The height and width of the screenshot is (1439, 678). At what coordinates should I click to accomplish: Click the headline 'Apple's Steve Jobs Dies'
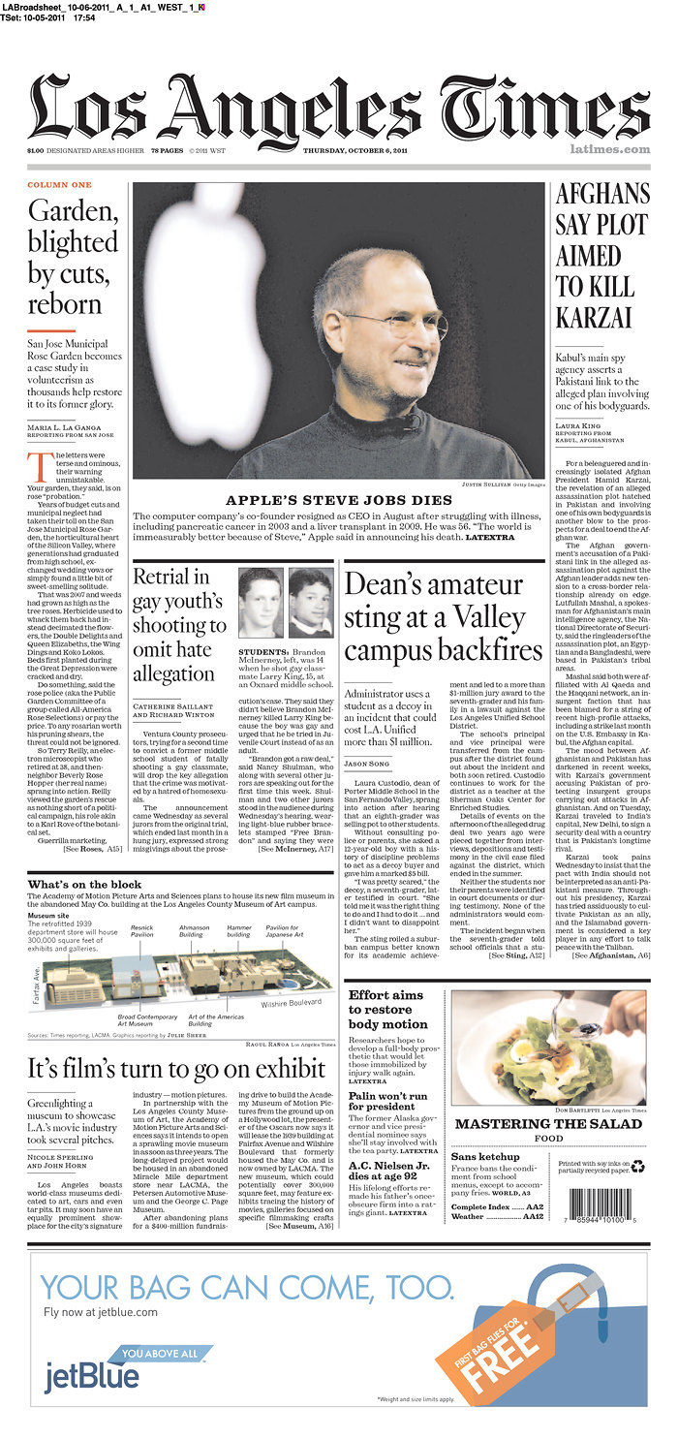[339, 500]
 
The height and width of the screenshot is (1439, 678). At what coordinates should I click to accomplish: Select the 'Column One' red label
[59, 185]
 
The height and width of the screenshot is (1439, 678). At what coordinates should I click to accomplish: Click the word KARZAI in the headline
[594, 317]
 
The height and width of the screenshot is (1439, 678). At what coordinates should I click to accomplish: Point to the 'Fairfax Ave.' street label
[36, 982]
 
